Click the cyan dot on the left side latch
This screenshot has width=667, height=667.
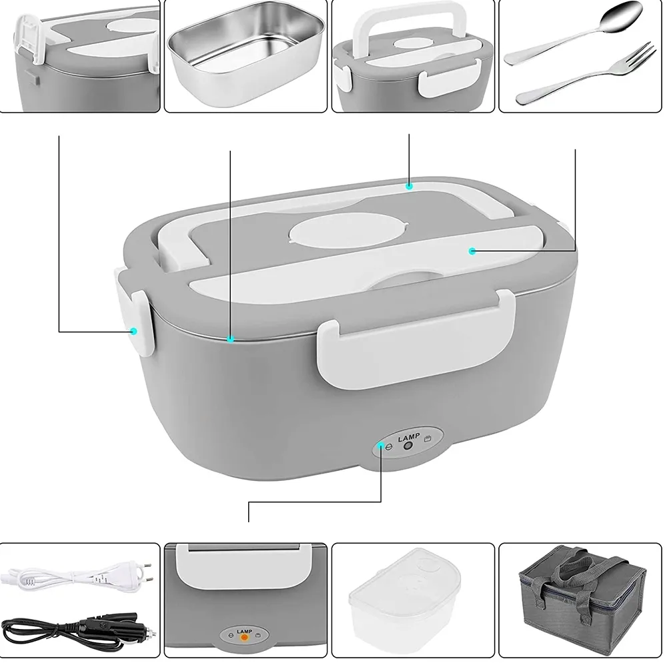[133, 330]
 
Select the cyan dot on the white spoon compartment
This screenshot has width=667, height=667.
[472, 251]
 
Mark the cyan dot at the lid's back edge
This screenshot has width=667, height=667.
[409, 185]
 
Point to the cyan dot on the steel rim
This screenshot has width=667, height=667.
[230, 339]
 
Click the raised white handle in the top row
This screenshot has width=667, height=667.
[412, 25]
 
